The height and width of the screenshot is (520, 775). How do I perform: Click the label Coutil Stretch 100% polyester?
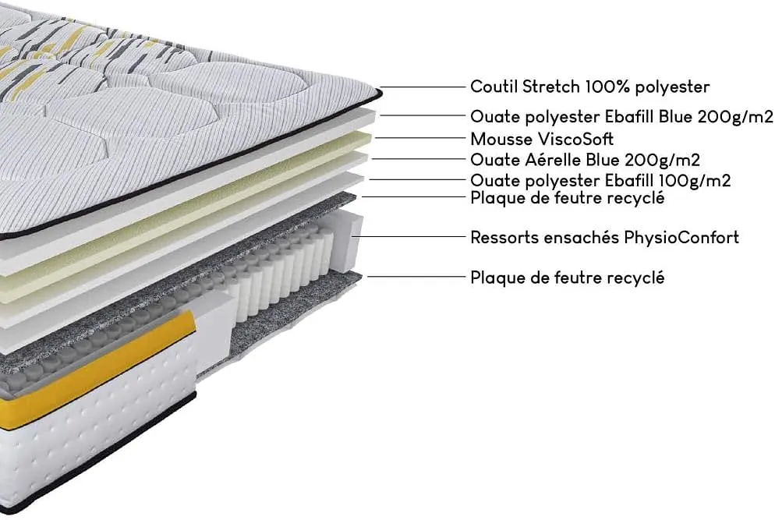(x=589, y=87)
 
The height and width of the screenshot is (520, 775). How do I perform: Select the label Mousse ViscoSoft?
(x=542, y=140)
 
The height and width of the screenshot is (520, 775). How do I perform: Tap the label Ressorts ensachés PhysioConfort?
(x=604, y=237)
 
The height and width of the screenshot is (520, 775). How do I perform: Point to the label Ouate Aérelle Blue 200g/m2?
(x=585, y=161)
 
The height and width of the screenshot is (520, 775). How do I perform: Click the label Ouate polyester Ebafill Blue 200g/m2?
(x=621, y=117)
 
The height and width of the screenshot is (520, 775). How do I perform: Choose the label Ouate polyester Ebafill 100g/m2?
(x=600, y=181)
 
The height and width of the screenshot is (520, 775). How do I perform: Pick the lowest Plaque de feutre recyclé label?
(x=567, y=278)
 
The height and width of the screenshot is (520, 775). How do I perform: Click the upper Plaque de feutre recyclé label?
(x=567, y=198)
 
